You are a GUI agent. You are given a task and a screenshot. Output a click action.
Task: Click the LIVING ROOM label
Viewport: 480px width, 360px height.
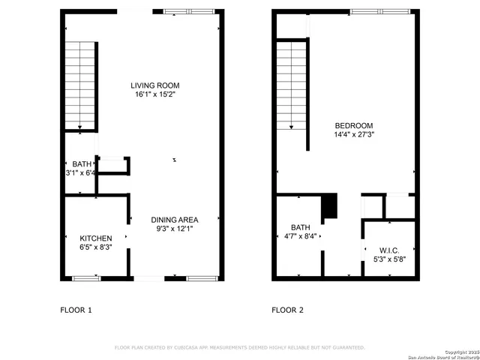tap(155, 85)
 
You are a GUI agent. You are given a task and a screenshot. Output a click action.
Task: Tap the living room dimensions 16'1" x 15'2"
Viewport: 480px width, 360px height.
tap(155, 94)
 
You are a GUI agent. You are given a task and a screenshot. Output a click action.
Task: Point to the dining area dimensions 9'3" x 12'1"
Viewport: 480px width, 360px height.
tap(173, 229)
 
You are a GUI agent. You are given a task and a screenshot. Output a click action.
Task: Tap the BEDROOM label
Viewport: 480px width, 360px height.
tap(353, 125)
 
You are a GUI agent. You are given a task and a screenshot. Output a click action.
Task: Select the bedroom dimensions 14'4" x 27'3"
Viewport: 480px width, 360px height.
tap(353, 135)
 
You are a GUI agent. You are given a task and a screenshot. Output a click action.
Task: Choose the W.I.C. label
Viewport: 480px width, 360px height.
tap(389, 250)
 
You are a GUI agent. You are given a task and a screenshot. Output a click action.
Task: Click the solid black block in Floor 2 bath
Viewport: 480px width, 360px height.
tap(328, 207)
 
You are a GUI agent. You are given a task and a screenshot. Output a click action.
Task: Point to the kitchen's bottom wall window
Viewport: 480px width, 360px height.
tap(86, 278)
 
